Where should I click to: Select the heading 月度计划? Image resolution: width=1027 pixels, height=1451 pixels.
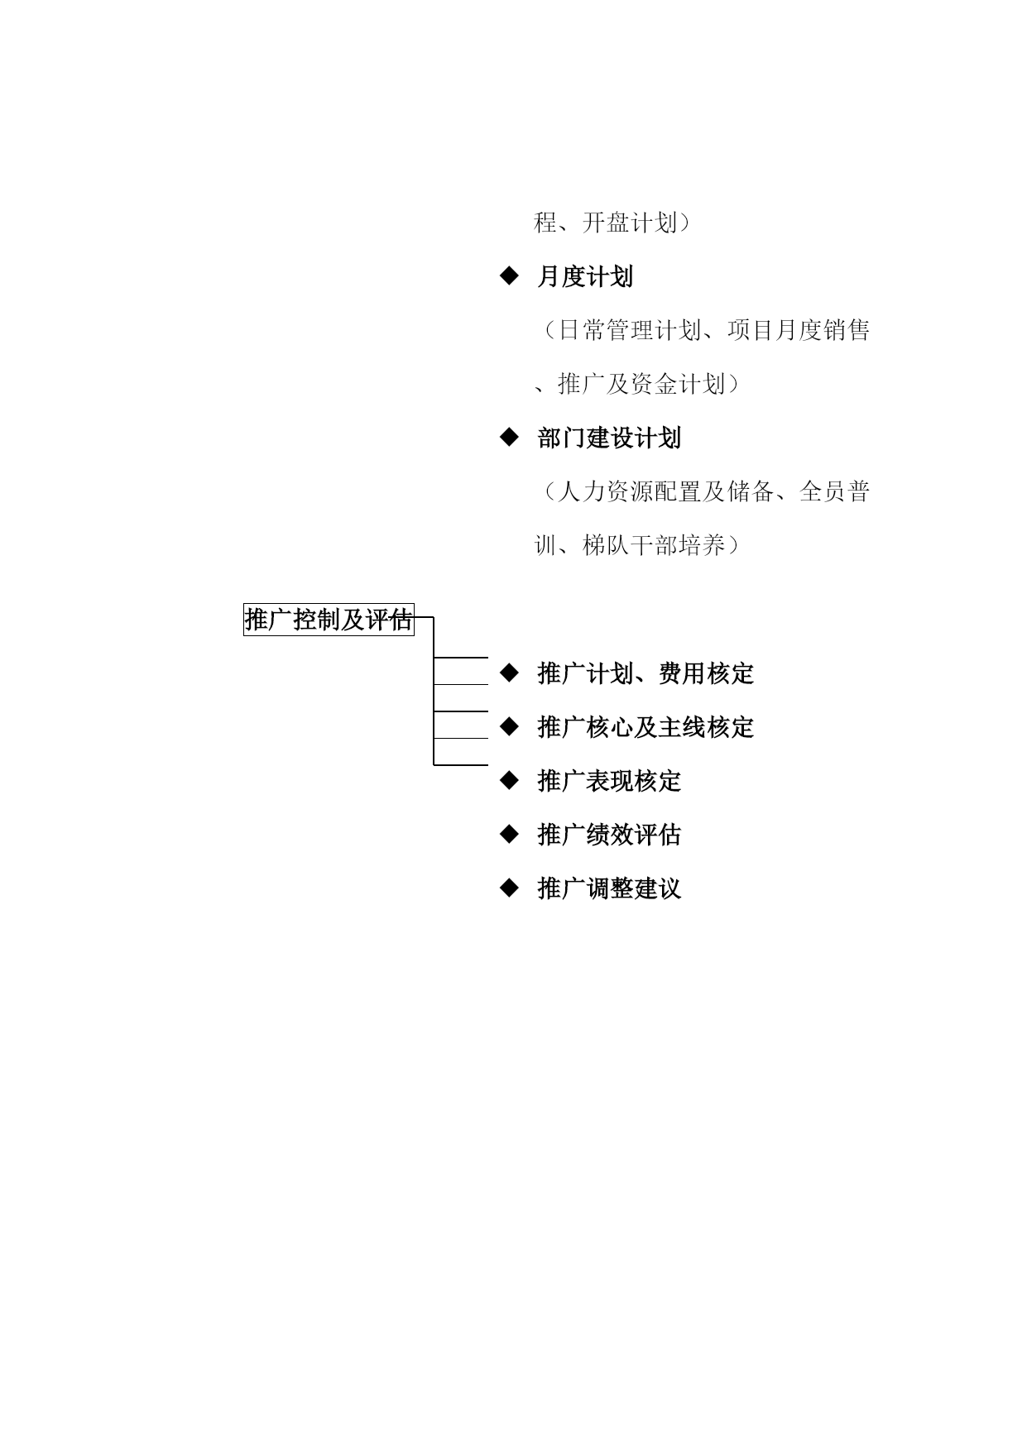click(585, 276)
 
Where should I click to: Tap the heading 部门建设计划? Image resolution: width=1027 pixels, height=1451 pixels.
click(609, 438)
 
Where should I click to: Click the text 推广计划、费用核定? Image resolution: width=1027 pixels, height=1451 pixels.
click(645, 673)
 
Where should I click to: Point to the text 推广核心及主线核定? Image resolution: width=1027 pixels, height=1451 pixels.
click(645, 727)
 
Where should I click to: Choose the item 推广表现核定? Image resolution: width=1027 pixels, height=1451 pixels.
click(609, 781)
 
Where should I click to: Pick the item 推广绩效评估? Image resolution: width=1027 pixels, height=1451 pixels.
click(609, 835)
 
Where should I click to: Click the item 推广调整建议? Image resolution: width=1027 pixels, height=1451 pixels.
click(609, 888)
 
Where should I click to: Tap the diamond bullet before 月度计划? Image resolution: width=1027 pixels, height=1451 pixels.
click(509, 275)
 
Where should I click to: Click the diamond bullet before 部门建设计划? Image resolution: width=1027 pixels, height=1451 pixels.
click(509, 437)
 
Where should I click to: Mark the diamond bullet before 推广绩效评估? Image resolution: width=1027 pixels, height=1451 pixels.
click(509, 834)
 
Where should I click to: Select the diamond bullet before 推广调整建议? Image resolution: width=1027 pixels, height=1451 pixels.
click(509, 888)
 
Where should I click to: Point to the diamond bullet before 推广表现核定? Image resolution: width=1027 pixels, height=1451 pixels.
click(509, 780)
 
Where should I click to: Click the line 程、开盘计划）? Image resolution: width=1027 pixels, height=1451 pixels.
click(612, 223)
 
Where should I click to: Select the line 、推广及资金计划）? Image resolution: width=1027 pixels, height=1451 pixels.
click(636, 384)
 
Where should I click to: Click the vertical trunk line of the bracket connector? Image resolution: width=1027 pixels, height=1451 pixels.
click(434, 691)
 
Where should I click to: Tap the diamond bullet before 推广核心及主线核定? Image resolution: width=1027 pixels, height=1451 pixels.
click(509, 726)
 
